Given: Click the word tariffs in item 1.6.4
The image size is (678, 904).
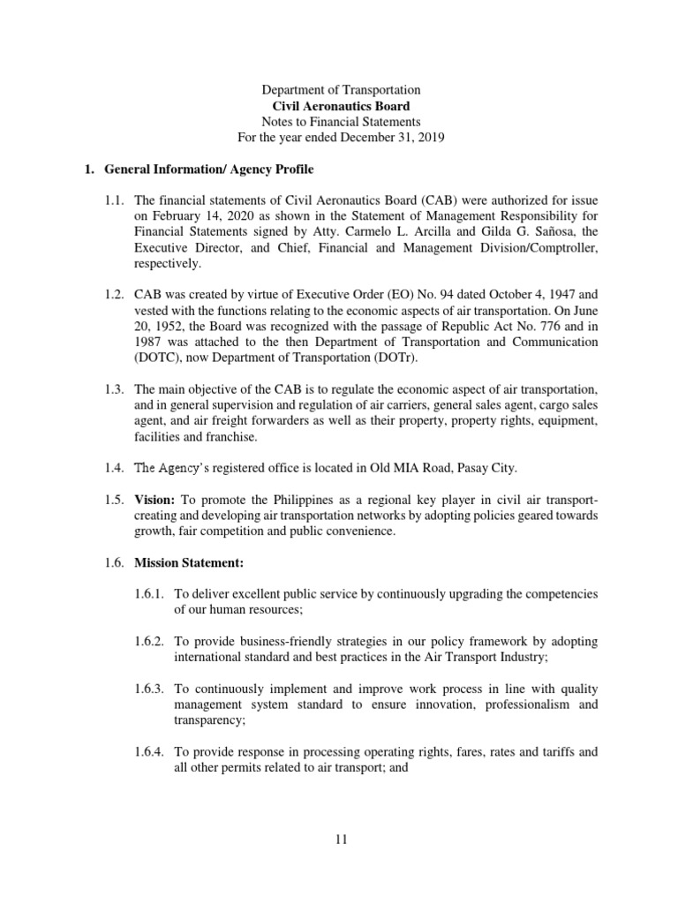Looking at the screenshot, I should (548, 752).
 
